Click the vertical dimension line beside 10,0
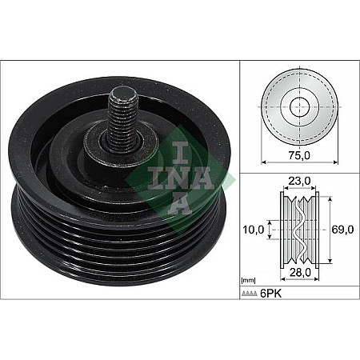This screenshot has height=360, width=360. point(270,230)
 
